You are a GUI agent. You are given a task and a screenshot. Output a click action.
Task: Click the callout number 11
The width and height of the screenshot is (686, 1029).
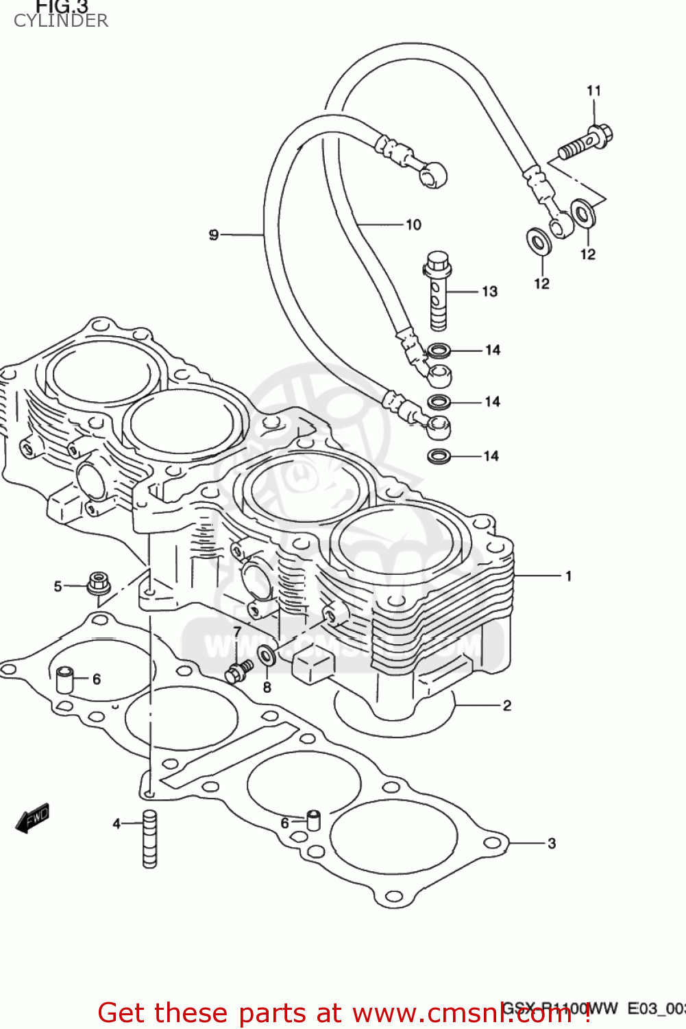click(x=593, y=91)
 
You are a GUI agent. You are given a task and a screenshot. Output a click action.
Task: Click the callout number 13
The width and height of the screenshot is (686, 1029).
click(x=489, y=292)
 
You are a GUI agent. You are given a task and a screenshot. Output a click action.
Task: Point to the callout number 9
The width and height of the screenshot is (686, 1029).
click(x=214, y=235)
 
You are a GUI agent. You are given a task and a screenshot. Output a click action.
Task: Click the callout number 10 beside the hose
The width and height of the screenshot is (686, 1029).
click(x=413, y=225)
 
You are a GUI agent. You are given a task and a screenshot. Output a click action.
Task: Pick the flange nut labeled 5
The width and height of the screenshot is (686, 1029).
click(x=99, y=584)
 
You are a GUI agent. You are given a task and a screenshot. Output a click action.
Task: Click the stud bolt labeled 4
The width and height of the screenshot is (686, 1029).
click(x=149, y=839)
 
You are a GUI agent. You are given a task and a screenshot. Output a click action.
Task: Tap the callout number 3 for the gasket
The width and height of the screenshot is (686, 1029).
click(x=552, y=843)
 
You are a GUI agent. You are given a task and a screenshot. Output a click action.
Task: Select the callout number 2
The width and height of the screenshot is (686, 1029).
click(x=507, y=705)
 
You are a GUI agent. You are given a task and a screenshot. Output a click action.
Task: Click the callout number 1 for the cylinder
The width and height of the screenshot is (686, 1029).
click(x=568, y=576)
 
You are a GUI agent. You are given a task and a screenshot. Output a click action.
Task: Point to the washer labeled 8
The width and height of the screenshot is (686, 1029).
click(x=267, y=656)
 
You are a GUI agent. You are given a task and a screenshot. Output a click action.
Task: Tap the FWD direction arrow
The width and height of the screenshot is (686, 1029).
click(x=32, y=818)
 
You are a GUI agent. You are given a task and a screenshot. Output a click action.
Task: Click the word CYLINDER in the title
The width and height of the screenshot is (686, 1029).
click(x=61, y=21)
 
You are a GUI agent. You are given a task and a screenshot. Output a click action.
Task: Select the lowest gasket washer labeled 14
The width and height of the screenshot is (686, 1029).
click(x=439, y=456)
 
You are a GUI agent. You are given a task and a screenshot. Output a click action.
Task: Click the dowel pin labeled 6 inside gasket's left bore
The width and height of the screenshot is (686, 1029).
click(x=64, y=679)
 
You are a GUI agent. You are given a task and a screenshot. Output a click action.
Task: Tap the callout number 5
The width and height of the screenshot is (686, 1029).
click(x=58, y=587)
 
